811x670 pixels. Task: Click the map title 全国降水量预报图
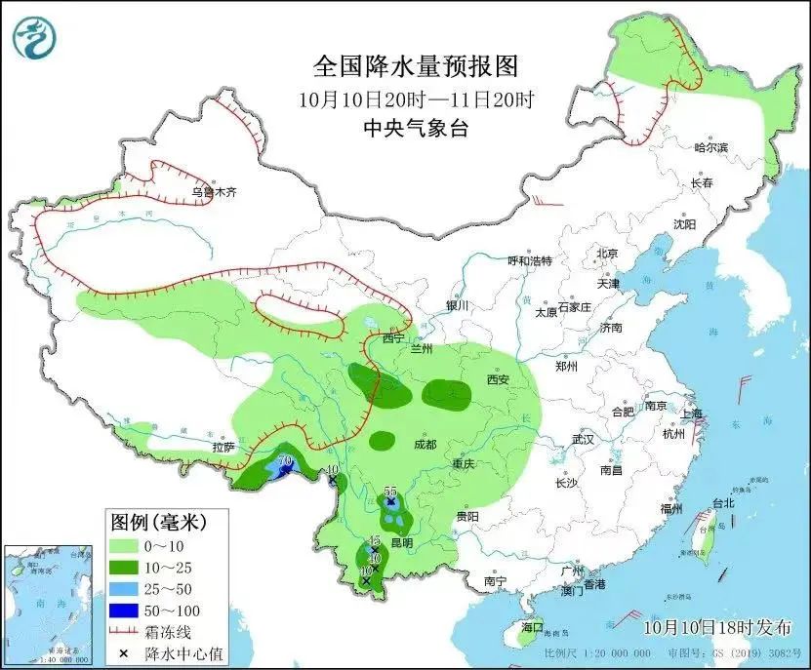[x=415, y=66]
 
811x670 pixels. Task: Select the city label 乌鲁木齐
[x=214, y=192]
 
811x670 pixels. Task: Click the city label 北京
[x=607, y=254]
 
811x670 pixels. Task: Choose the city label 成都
[x=426, y=444]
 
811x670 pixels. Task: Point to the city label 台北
[x=722, y=503]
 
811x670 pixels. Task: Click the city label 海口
[x=532, y=626]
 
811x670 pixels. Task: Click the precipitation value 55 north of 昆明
[x=390, y=491]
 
